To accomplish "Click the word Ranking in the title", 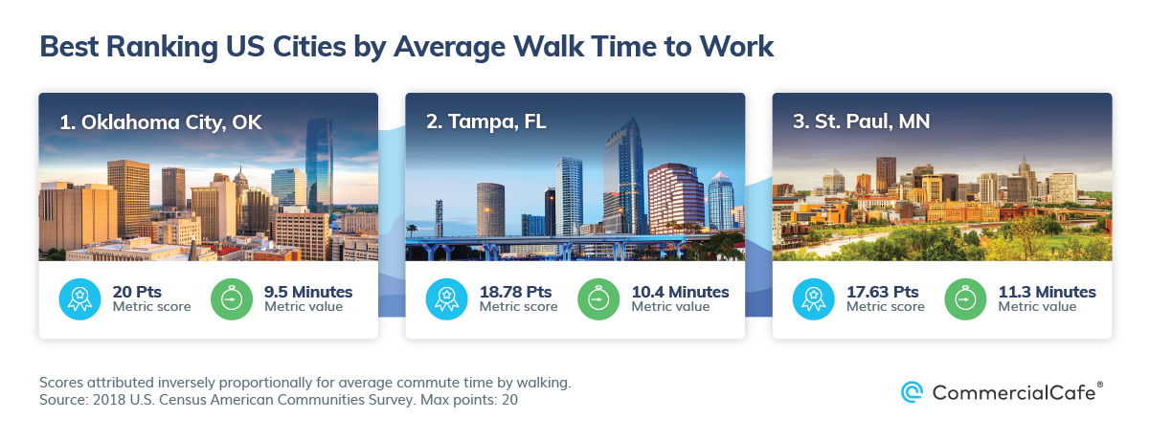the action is tap(162, 47).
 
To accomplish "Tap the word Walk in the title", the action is tap(549, 47).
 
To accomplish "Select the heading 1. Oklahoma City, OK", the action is tap(161, 122).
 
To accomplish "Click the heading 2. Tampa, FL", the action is tap(486, 122).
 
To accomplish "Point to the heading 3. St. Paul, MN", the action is tap(862, 121).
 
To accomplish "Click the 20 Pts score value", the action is tap(137, 292).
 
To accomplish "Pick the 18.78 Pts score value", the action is tap(515, 292).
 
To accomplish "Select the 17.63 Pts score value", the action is tap(883, 292).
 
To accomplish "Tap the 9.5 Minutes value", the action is tap(308, 292).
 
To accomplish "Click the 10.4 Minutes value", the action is tap(680, 292).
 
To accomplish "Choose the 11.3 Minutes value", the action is tap(1048, 292).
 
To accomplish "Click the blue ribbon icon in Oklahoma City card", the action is tap(80, 299).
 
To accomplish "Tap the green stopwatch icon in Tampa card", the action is tap(598, 299).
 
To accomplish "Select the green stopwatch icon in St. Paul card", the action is tap(966, 299).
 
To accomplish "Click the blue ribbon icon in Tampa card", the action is tap(446, 299).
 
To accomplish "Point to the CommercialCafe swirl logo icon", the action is tap(912, 392).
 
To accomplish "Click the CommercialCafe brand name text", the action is tap(1014, 393).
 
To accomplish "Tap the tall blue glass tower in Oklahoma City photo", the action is tap(319, 165).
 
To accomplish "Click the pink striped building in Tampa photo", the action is tap(676, 199).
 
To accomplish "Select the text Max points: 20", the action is tap(469, 400).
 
